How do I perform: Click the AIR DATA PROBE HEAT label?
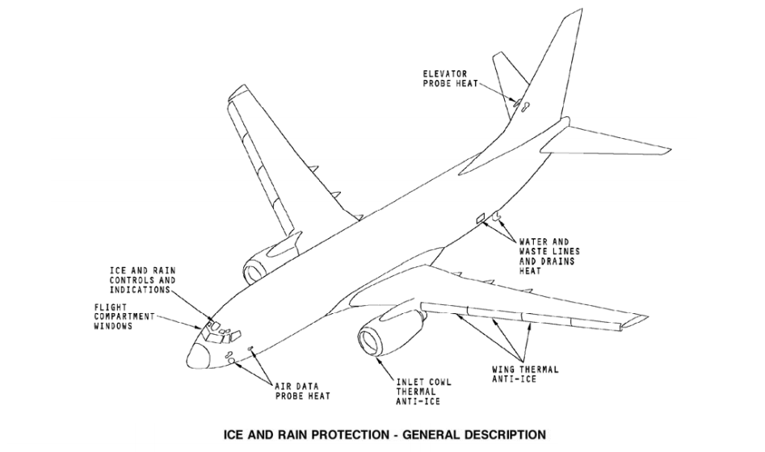point(302,391)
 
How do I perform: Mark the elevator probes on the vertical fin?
point(519,104)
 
